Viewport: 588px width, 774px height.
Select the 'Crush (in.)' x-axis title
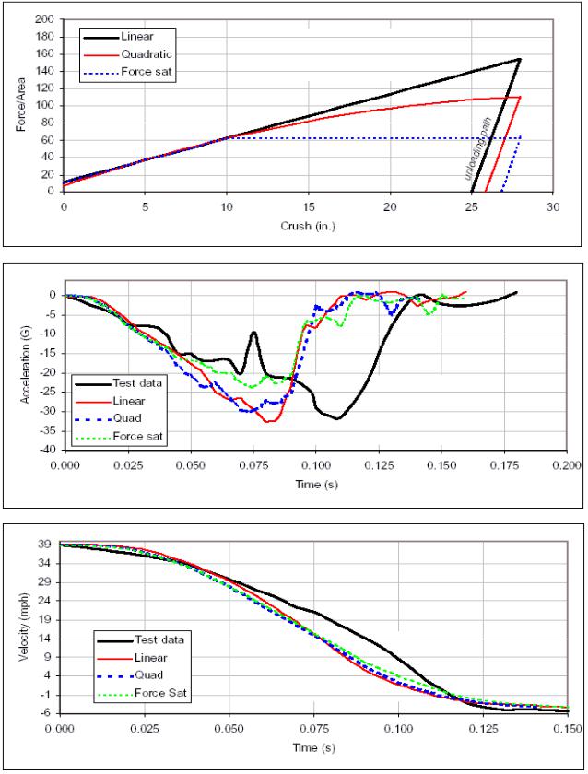click(308, 225)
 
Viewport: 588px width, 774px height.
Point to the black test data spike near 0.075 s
click(253, 333)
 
